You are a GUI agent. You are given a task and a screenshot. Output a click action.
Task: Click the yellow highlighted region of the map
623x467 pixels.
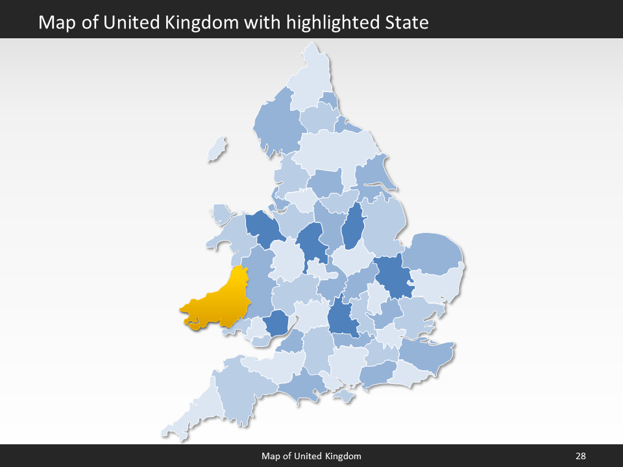click(217, 302)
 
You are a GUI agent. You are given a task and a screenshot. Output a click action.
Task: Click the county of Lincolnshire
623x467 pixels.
click(383, 224)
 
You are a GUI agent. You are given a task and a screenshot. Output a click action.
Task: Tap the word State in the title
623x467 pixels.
click(407, 23)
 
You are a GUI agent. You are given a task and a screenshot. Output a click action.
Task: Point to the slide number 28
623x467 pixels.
click(580, 456)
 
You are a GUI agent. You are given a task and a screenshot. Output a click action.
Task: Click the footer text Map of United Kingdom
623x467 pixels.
click(311, 456)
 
